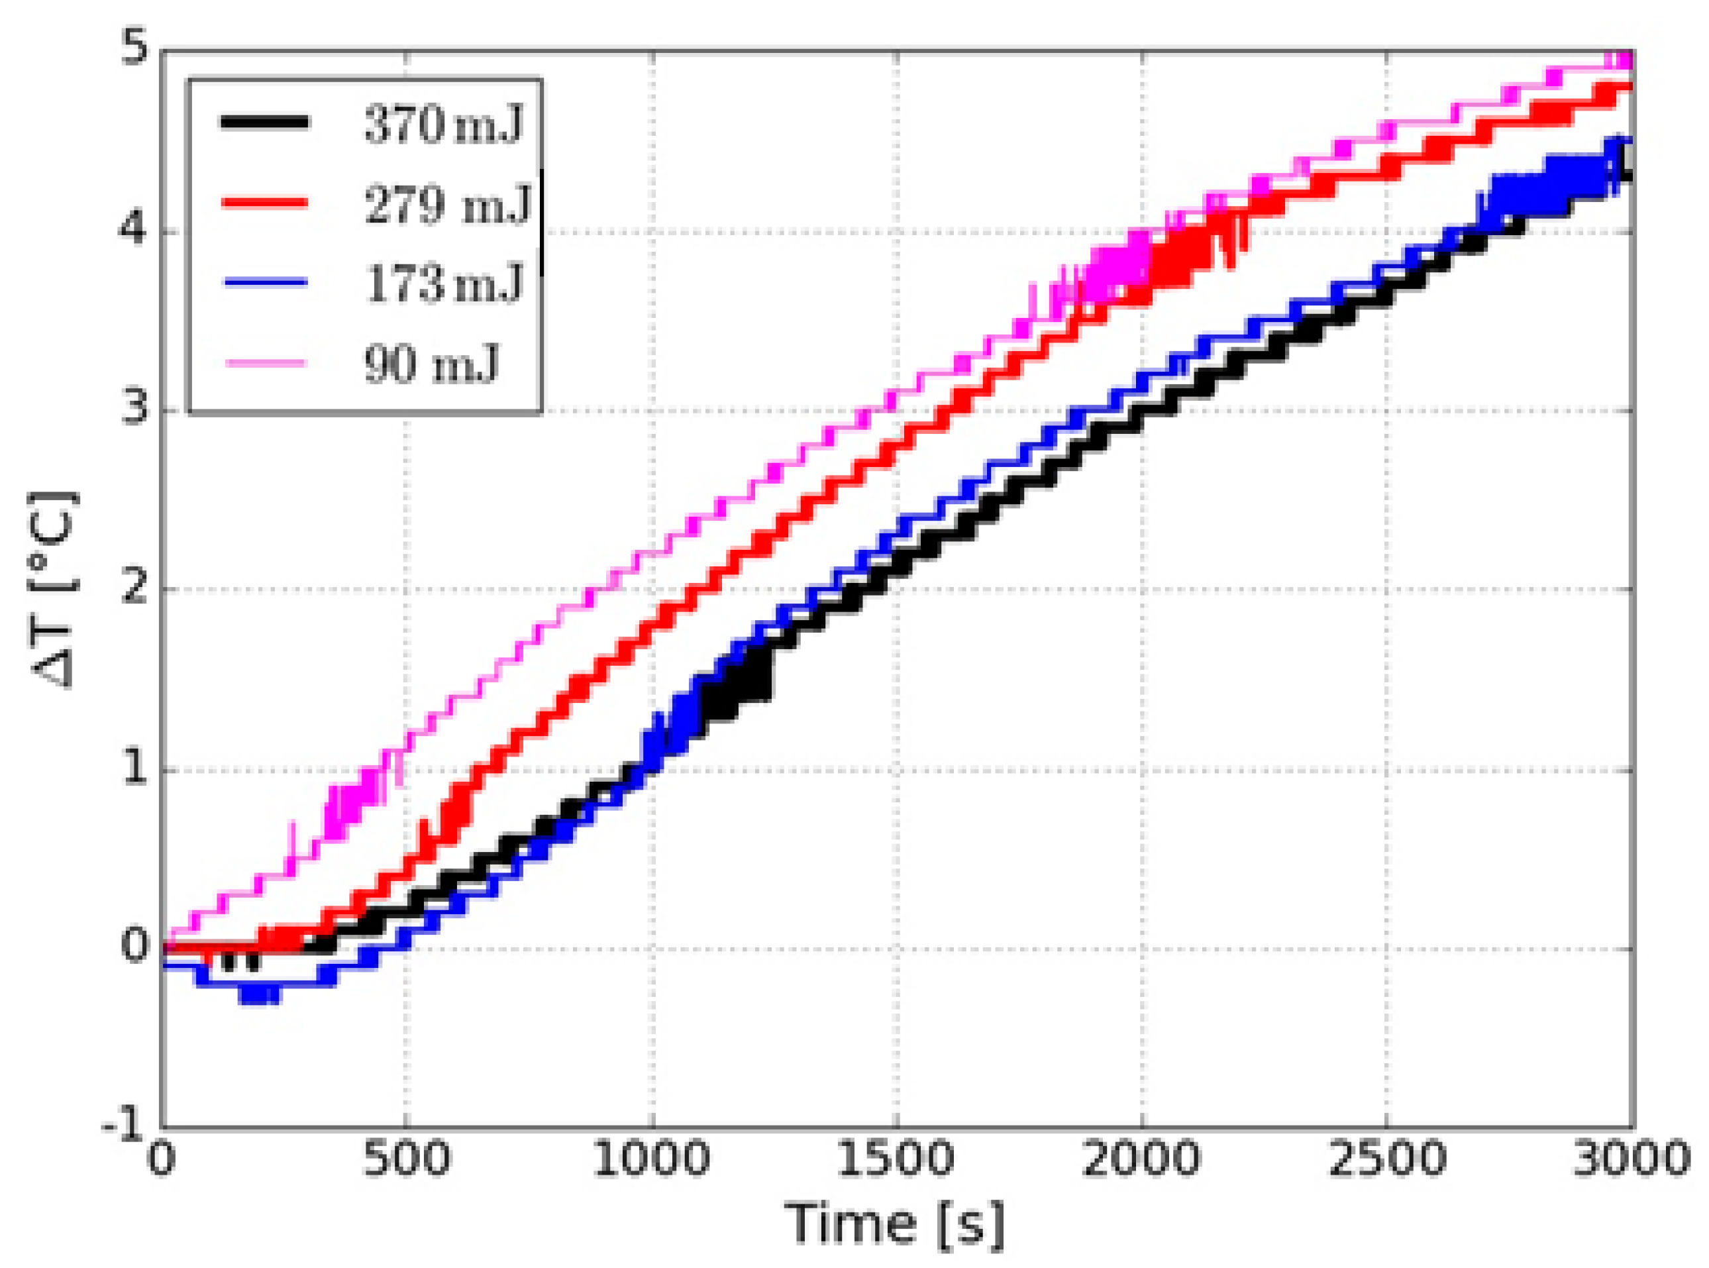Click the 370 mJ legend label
coord(444,124)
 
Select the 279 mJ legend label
coord(447,204)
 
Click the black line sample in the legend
coord(265,122)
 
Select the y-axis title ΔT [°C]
coord(54,590)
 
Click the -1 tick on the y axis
coord(125,1127)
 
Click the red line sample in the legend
coord(265,203)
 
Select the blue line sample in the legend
coord(265,282)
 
